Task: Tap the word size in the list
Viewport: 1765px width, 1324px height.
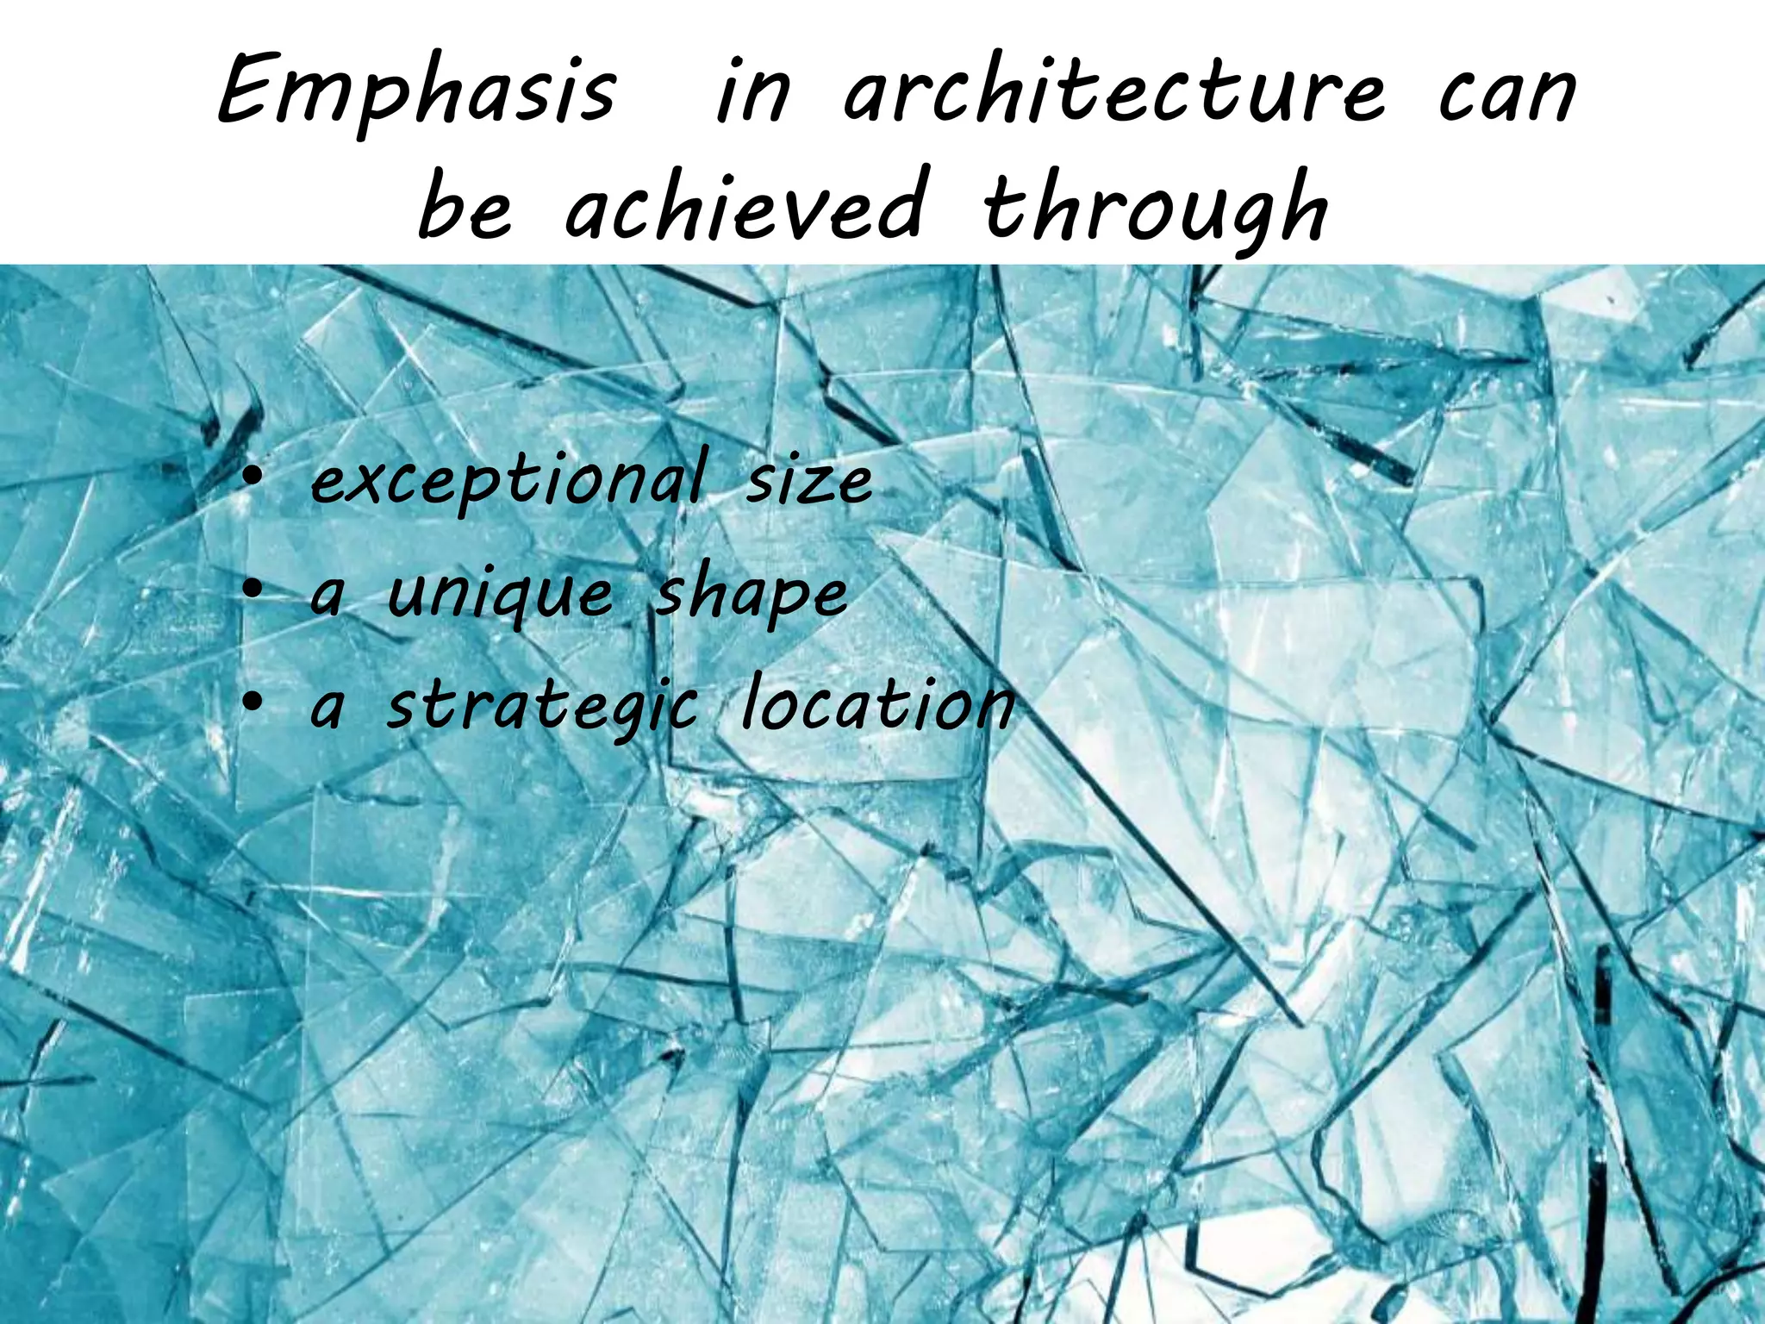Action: (808, 479)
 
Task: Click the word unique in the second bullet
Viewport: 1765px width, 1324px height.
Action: (501, 595)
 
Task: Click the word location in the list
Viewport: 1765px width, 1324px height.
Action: (877, 705)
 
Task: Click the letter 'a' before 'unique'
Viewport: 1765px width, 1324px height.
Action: (327, 596)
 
